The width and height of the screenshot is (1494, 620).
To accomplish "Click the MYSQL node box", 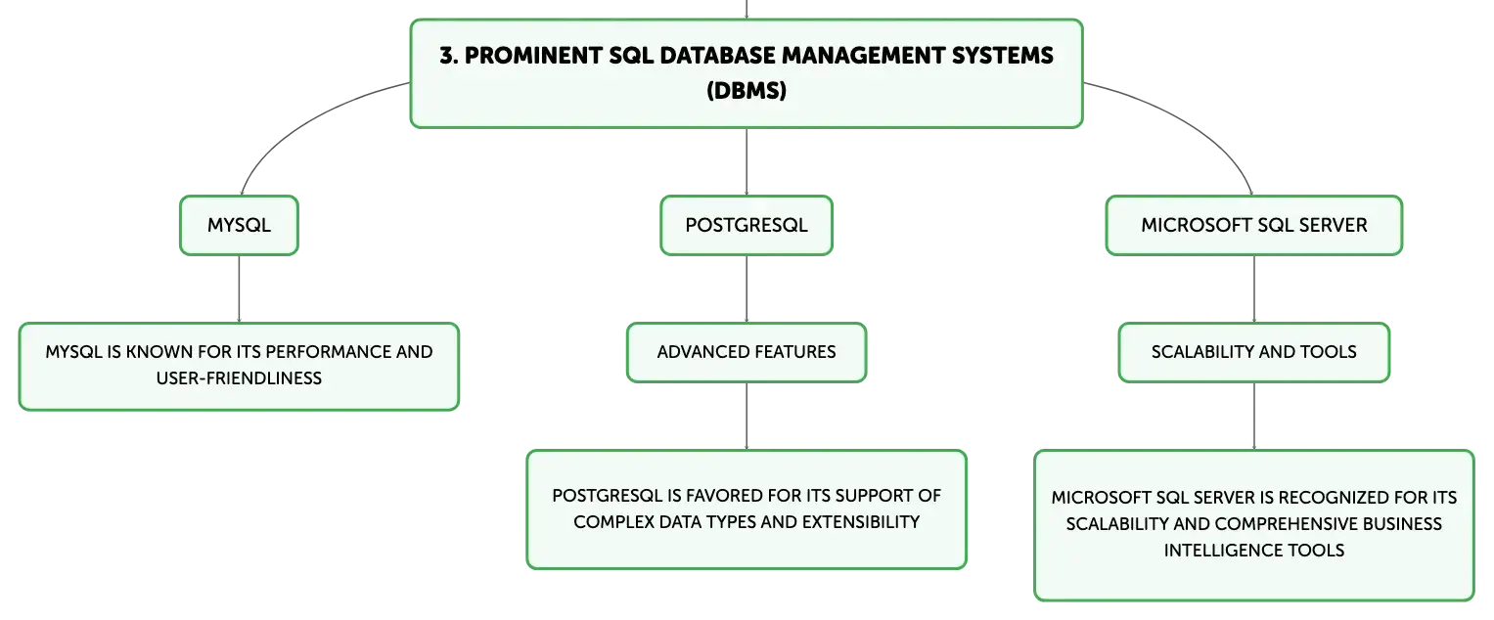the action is pyautogui.click(x=239, y=225).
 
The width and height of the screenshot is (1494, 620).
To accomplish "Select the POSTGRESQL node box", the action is pyautogui.click(x=747, y=225).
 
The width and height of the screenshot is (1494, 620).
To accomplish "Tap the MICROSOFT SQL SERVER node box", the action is pyautogui.click(x=1254, y=225).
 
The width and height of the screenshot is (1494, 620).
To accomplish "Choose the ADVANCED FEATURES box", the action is pyautogui.click(x=747, y=353).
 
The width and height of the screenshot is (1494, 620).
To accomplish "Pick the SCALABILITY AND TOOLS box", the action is pyautogui.click(x=1254, y=353).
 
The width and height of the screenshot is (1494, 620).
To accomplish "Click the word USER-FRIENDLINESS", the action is pyautogui.click(x=239, y=378).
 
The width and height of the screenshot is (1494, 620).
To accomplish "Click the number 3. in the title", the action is pyautogui.click(x=449, y=56).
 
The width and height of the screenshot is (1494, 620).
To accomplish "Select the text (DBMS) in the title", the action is pyautogui.click(x=747, y=91).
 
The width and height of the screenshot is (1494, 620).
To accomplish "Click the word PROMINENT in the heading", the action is pyautogui.click(x=533, y=56).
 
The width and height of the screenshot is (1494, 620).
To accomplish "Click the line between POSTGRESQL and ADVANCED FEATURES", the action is pyautogui.click(x=747, y=288).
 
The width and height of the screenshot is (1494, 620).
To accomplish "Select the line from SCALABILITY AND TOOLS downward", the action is pyautogui.click(x=1254, y=416).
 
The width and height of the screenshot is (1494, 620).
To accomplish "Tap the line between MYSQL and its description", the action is pyautogui.click(x=239, y=288).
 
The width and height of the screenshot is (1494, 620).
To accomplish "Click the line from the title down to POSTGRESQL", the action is pyautogui.click(x=747, y=161).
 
